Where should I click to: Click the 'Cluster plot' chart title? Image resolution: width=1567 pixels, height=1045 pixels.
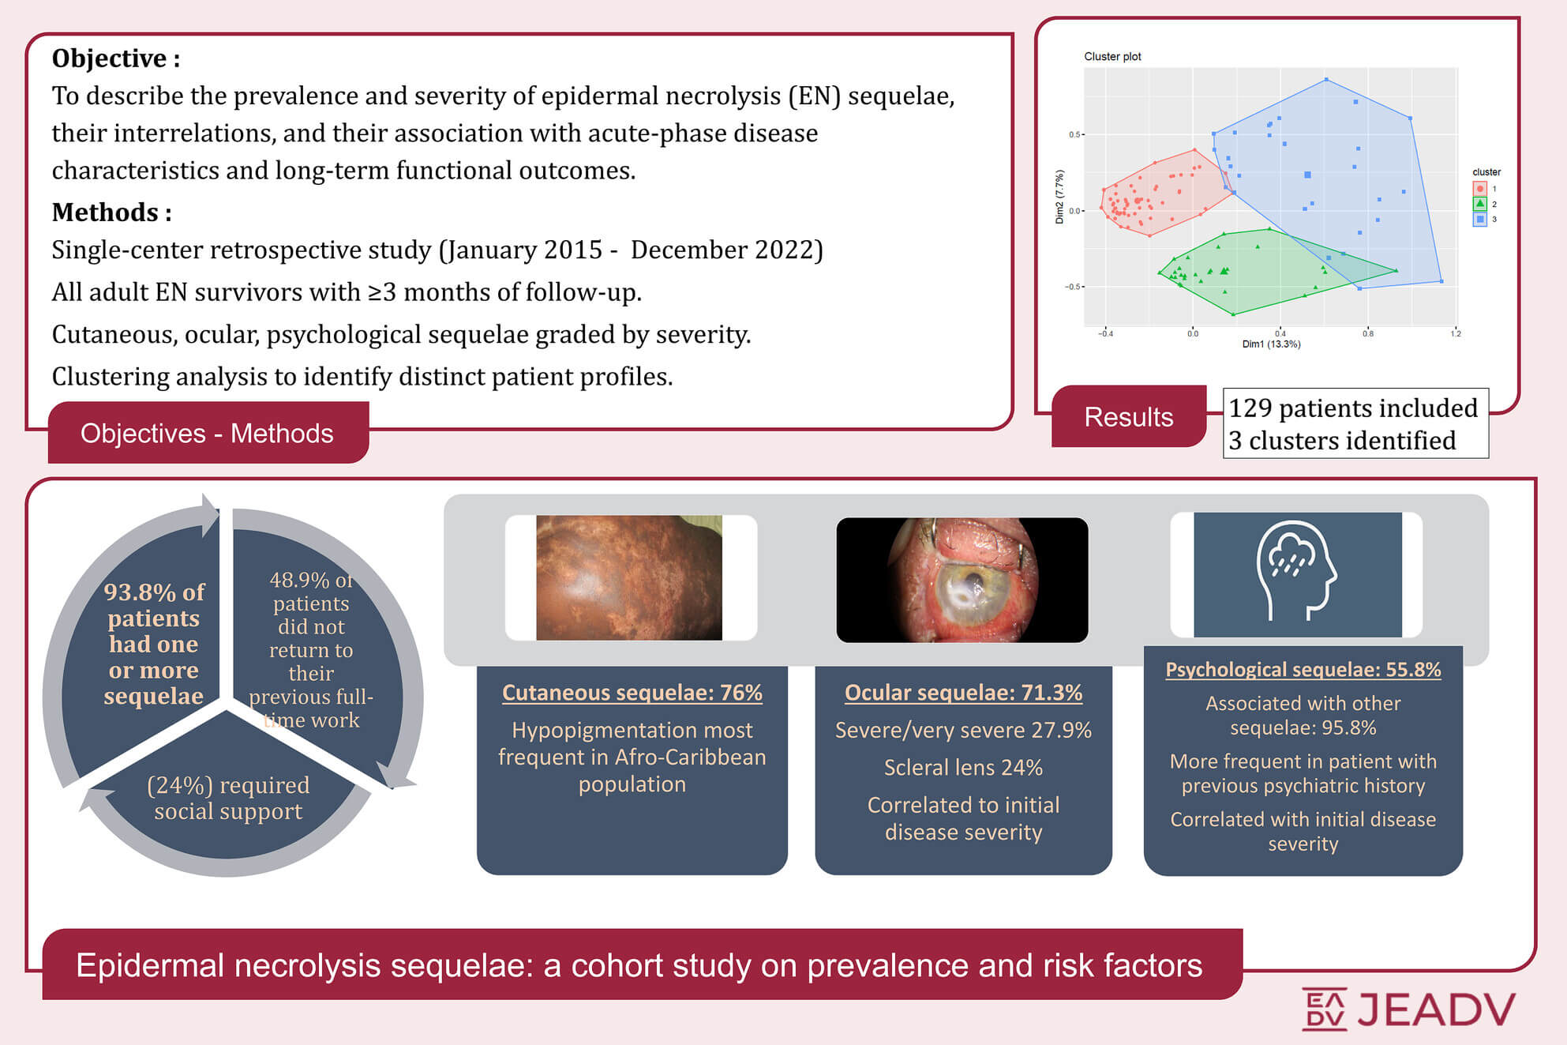tap(1112, 57)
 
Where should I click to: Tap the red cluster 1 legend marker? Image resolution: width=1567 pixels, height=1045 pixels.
tap(1480, 189)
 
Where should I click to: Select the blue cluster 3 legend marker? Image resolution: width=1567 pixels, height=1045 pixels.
tap(1480, 220)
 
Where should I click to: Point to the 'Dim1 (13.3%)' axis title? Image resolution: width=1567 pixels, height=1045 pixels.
tap(1271, 344)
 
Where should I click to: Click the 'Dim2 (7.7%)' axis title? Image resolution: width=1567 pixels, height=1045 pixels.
tap(1059, 197)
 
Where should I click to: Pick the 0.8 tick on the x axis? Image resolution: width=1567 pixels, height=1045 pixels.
tap(1367, 333)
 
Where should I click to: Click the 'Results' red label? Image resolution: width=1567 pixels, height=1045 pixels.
tap(1129, 416)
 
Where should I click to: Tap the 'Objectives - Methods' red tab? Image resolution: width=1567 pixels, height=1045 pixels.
tap(208, 433)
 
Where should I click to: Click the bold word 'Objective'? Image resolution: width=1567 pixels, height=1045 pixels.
tap(110, 58)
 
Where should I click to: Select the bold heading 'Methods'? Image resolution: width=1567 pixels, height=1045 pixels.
tap(105, 212)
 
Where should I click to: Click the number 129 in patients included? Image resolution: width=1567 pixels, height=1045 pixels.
tap(1250, 408)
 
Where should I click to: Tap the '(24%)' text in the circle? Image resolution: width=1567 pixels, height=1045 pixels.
tap(180, 785)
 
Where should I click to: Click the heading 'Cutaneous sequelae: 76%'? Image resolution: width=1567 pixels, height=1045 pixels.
tap(632, 693)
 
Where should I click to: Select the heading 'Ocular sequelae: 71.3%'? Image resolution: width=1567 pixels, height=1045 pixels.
tap(963, 693)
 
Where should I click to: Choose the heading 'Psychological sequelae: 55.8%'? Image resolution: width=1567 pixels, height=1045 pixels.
tap(1303, 670)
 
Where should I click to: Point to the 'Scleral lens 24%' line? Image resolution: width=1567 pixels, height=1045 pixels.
tap(963, 768)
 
